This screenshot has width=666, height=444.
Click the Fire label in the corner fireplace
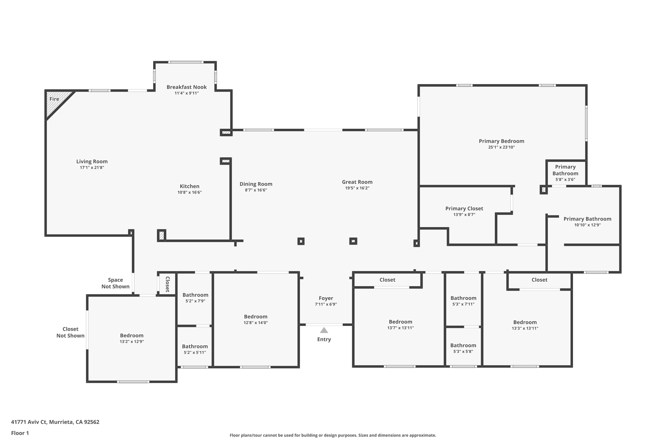pos(54,99)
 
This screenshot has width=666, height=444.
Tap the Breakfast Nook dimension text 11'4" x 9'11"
pos(186,93)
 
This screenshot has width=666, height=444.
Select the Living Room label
pos(92,161)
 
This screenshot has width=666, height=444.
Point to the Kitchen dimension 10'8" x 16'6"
pos(189,192)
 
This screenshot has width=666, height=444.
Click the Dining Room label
pos(256,184)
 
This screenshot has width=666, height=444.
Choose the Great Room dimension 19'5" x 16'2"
pos(357,188)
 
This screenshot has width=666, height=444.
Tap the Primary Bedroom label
pos(501,141)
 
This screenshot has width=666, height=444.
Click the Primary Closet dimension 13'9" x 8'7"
pos(464,214)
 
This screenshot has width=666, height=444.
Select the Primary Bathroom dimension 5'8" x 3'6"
pos(565,179)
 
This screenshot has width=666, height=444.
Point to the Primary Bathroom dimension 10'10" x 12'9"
pos(587,225)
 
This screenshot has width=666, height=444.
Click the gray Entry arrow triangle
pos(324,330)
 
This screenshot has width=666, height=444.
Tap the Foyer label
pos(326,298)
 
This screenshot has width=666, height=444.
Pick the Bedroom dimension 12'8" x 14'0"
pos(256,323)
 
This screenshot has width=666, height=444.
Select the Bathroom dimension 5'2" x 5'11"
pos(194,352)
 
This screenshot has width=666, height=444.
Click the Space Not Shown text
pos(115,283)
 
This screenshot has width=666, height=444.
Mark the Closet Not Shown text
pos(70,332)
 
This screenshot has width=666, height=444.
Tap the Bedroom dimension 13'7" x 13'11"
pos(400,328)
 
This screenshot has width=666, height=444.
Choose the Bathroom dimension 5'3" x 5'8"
pos(463,351)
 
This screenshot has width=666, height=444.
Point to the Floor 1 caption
pos(20,433)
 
